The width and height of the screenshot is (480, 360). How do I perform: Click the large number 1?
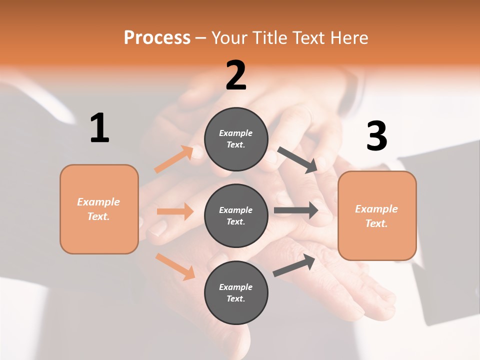(x=99, y=128)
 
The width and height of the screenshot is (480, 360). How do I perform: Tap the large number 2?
(x=236, y=75)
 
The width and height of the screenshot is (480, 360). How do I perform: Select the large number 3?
(x=376, y=136)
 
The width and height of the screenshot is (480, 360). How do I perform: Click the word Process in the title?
(x=157, y=37)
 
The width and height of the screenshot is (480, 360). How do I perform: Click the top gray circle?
(x=236, y=139)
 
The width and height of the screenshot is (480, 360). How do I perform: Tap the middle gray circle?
(x=236, y=215)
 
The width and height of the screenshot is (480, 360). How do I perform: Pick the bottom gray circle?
(x=236, y=292)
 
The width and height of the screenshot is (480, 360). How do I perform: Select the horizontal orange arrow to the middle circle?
(x=175, y=211)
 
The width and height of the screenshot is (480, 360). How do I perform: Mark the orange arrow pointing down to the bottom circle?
(x=175, y=266)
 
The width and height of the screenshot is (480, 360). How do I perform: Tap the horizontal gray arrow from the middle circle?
(x=296, y=210)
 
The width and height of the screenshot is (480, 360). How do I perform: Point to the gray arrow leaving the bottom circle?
(x=294, y=265)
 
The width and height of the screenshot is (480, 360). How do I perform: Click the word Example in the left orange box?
(x=98, y=202)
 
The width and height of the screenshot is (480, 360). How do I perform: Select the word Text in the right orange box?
(x=376, y=223)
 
